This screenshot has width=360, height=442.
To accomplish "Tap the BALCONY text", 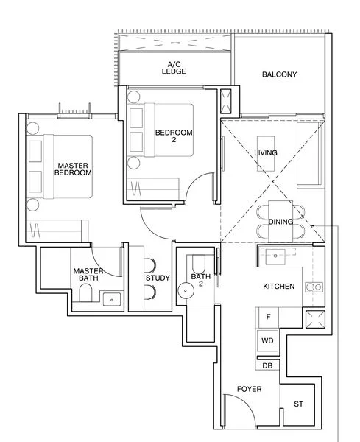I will [x=279, y=74].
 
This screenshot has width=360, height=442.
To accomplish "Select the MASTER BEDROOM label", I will [x=73, y=169].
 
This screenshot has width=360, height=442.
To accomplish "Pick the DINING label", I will [x=280, y=222].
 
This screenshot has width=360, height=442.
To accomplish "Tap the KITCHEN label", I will [x=279, y=286].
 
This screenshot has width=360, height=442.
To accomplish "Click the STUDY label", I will [x=158, y=278].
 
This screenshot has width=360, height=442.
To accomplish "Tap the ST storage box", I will [x=298, y=404].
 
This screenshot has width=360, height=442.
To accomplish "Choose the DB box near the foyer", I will [x=267, y=365].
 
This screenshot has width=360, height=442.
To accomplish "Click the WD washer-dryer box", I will [x=267, y=342].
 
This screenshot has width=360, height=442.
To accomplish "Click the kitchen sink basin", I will [x=274, y=257].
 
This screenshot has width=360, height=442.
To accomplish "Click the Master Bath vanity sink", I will [x=113, y=298].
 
